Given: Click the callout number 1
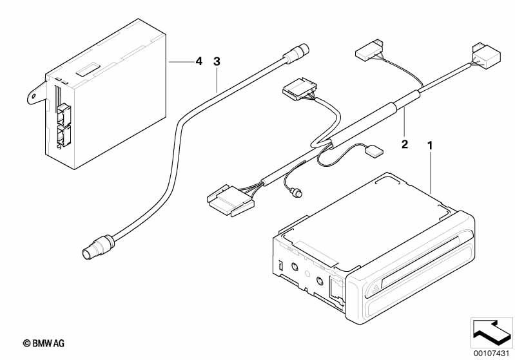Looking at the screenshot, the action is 430,146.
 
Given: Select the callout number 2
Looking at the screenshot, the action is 405,144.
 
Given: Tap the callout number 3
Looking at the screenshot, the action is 217,61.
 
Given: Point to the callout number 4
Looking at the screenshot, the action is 199,61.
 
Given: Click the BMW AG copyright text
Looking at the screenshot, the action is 43,343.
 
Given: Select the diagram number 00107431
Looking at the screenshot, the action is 491,354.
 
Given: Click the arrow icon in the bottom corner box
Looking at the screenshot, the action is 491,332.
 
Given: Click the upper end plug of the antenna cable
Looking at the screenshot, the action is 296,53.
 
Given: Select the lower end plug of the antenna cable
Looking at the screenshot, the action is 97,247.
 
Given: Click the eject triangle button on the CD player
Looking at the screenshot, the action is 375,289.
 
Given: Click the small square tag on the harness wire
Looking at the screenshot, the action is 374,150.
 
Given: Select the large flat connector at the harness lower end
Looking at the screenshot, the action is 230,201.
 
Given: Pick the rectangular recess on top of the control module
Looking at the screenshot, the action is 88,70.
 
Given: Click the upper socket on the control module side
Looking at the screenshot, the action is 64,113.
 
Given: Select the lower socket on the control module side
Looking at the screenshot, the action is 64,135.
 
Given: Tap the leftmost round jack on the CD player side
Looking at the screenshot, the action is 295,267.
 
